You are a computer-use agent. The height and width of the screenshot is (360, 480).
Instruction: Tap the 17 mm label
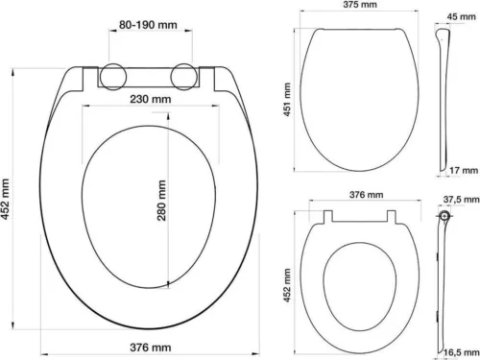[460, 169]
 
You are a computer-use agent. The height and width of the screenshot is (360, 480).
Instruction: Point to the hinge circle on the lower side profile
[443, 220]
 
